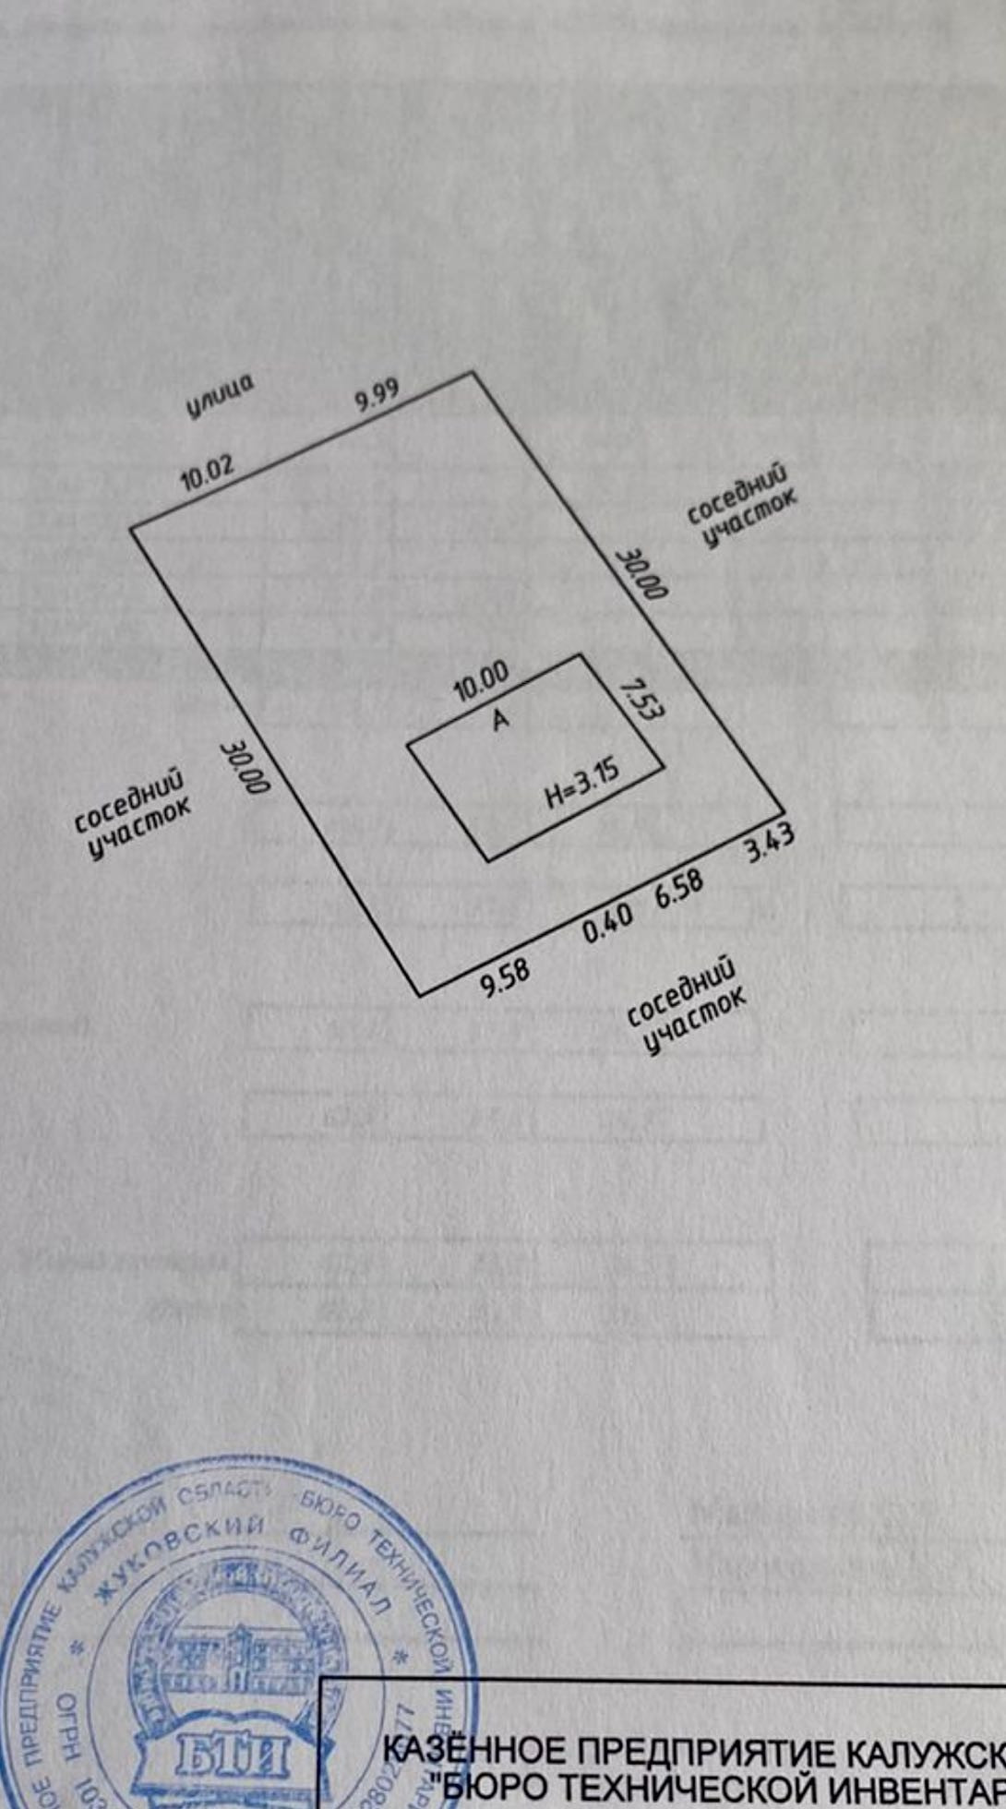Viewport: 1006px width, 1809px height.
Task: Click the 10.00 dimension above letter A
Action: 481,680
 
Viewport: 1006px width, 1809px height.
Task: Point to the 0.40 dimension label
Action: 608,922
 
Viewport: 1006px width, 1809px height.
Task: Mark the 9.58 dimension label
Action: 505,977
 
